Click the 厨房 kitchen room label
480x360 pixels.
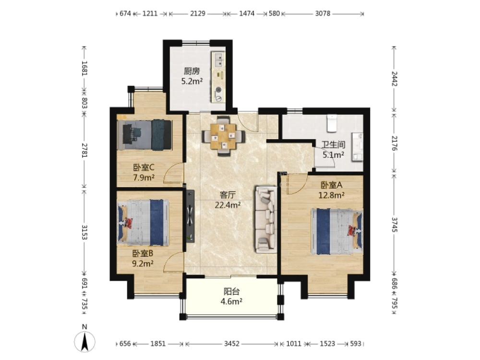point(192,72)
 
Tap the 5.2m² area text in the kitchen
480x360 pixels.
point(192,82)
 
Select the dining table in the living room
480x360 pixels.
point(224,136)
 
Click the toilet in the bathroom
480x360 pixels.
point(332,123)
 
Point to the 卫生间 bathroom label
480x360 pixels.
point(333,145)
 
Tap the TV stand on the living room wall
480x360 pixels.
point(190,216)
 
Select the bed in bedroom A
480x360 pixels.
point(337,232)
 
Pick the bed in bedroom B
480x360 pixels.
point(144,223)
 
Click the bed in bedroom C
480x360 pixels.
point(145,135)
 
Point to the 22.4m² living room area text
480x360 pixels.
point(228,205)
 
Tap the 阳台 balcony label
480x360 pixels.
point(231,291)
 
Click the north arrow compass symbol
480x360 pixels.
point(84,341)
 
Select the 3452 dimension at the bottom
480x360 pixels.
point(231,344)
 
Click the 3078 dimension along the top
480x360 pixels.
point(323,13)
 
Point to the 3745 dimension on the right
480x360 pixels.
point(394,224)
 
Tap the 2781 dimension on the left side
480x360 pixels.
point(84,150)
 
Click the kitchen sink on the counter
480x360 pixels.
point(219,60)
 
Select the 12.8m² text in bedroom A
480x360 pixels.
point(332,195)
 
